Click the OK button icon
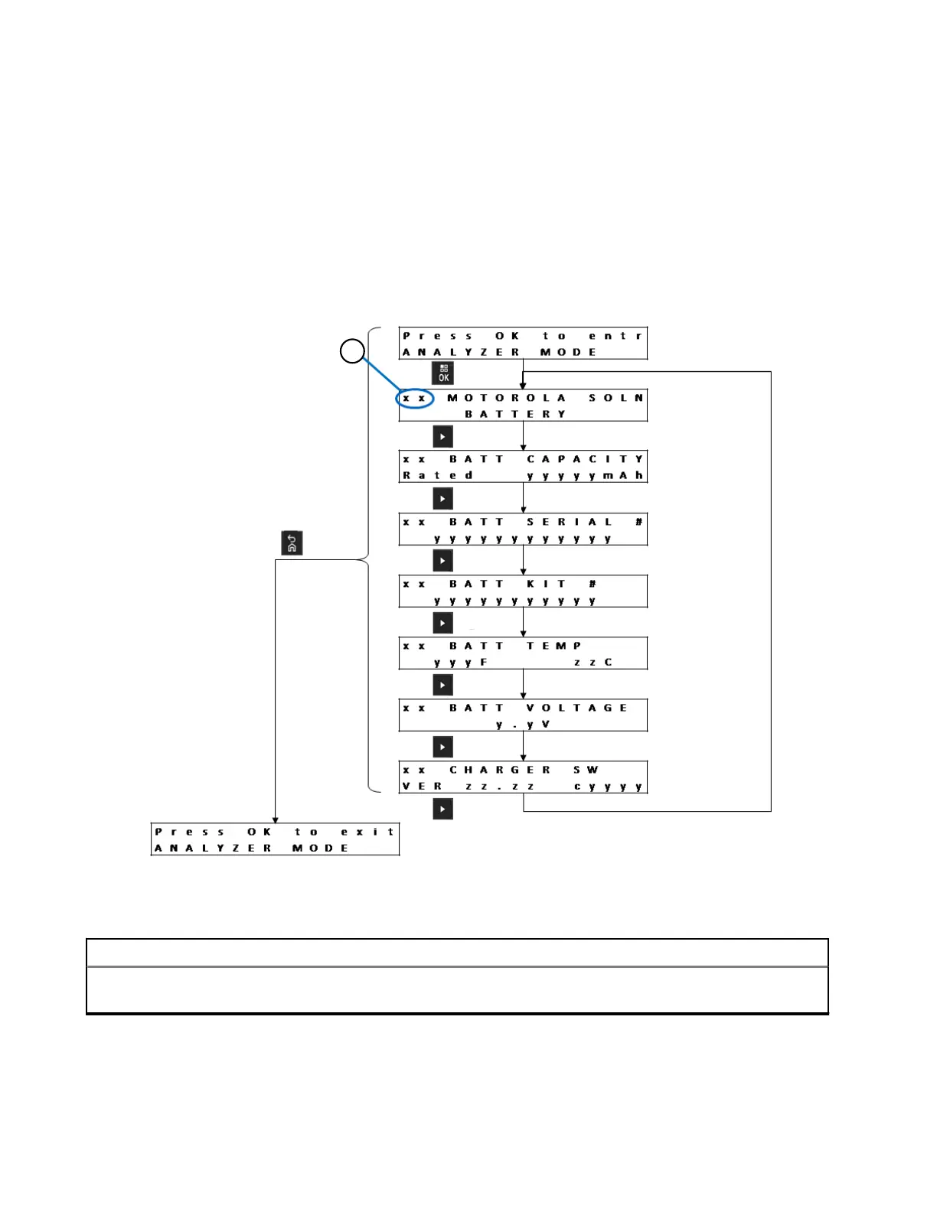[x=442, y=373]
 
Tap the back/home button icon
[x=292, y=542]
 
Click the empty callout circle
[x=351, y=352]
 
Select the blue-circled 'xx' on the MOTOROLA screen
[x=415, y=399]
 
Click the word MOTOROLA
[x=506, y=398]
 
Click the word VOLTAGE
[x=576, y=708]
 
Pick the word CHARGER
[x=499, y=770]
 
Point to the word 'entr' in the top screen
[x=615, y=336]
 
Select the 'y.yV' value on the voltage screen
[x=522, y=725]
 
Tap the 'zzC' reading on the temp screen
[x=593, y=663]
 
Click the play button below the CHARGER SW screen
[x=442, y=809]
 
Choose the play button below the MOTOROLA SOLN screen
[x=442, y=436]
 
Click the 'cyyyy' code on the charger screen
[x=608, y=787]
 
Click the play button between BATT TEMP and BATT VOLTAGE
[x=442, y=685]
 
